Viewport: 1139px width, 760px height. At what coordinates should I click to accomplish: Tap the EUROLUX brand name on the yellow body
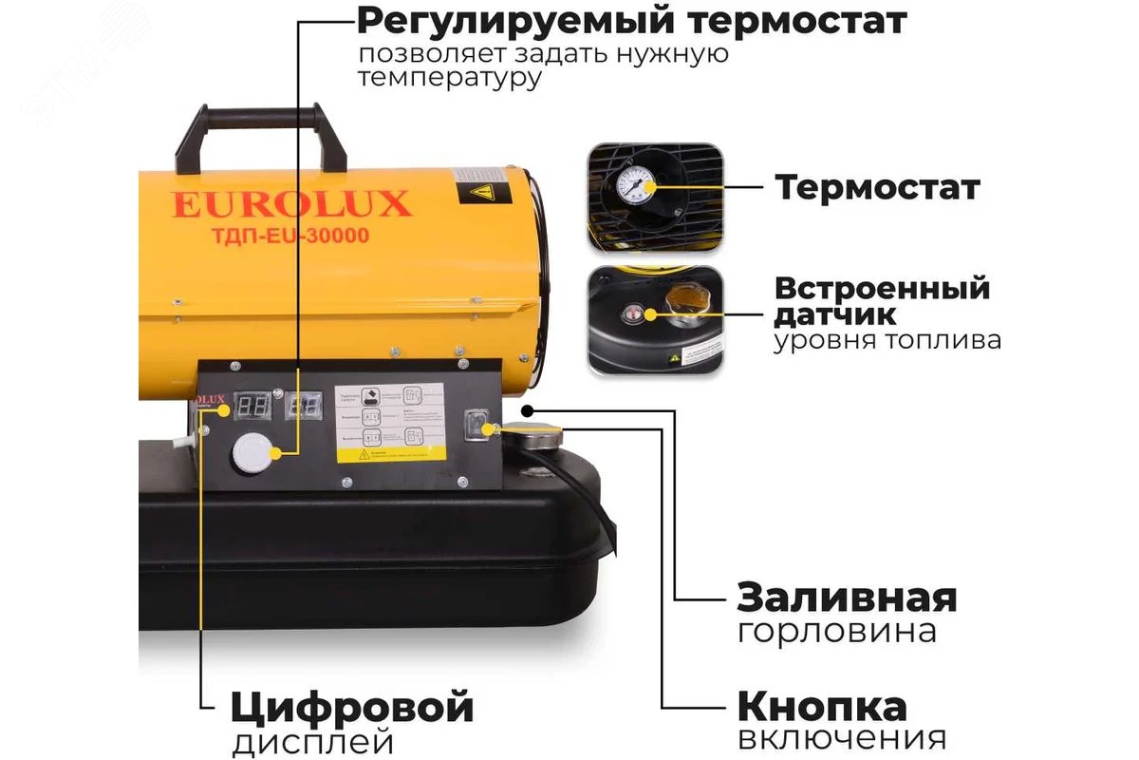click(x=291, y=203)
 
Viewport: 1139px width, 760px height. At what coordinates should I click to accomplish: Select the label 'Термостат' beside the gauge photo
click(x=877, y=187)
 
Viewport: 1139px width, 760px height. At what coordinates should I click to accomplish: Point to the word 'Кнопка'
click(x=822, y=707)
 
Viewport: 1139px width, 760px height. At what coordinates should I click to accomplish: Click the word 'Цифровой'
click(x=351, y=708)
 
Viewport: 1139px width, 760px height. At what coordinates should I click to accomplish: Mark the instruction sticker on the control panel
click(x=391, y=423)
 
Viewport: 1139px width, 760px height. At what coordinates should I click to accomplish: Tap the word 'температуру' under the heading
click(x=450, y=78)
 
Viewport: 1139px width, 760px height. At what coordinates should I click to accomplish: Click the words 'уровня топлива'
click(x=887, y=340)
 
